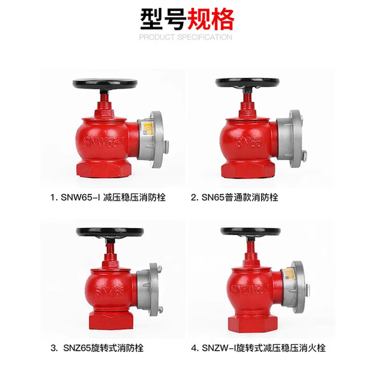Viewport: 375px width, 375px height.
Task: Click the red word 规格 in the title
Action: point(213,18)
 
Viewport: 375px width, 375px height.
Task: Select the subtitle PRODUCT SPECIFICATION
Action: point(187,36)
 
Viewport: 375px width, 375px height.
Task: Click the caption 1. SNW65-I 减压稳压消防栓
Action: point(107,196)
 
